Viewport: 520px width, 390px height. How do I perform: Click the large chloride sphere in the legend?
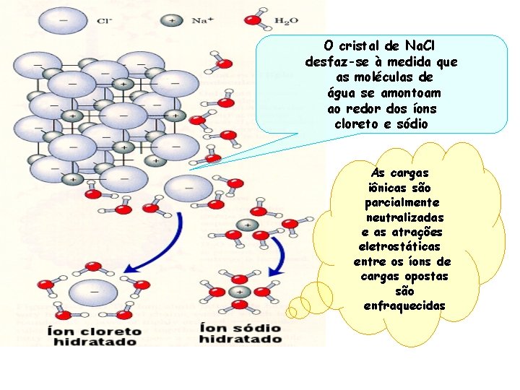(x=64, y=20)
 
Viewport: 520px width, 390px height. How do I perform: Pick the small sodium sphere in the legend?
(x=171, y=20)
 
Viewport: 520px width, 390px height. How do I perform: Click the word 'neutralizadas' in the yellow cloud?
(x=404, y=217)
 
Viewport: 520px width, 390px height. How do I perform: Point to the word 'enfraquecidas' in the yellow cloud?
(x=404, y=306)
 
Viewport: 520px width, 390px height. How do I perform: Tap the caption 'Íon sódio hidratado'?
(x=240, y=333)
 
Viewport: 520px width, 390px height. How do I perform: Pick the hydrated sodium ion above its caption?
(x=239, y=292)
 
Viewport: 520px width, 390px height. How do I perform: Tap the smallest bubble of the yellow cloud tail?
(x=292, y=312)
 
